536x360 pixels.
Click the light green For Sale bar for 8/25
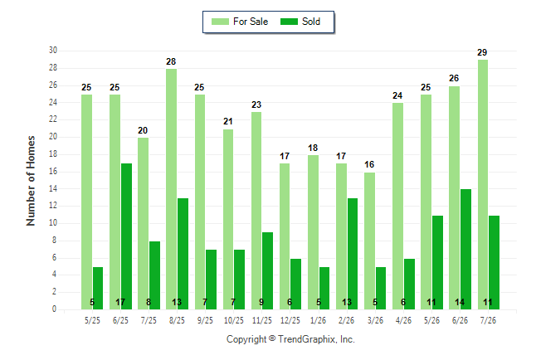click(x=171, y=189)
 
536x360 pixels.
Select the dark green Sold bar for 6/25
click(x=126, y=236)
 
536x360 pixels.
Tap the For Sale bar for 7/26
click(x=483, y=185)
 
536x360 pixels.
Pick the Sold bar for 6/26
click(x=465, y=249)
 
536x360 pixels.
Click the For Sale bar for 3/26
click(x=369, y=241)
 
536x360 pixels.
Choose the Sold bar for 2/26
click(x=352, y=254)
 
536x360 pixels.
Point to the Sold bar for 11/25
click(x=267, y=270)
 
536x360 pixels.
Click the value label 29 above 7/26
click(x=482, y=52)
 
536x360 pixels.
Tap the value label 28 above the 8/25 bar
click(x=171, y=61)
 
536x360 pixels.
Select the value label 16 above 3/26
click(x=369, y=164)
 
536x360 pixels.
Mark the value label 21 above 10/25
click(x=228, y=121)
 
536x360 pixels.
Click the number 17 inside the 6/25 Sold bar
click(x=120, y=302)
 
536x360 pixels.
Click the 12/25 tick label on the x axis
click(x=290, y=320)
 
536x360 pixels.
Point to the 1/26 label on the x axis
click(x=319, y=320)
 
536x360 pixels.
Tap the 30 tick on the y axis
click(x=53, y=51)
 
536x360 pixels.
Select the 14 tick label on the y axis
click(x=53, y=189)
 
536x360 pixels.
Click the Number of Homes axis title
click(x=31, y=181)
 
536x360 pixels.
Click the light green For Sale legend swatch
click(x=220, y=22)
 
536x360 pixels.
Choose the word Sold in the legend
click(x=311, y=22)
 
